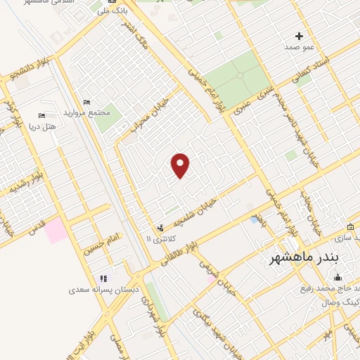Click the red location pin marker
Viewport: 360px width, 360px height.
tap(181, 165)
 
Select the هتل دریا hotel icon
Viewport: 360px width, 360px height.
tap(41, 115)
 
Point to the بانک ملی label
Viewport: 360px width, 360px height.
tap(112, 10)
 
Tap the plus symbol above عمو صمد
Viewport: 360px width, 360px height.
tap(300, 36)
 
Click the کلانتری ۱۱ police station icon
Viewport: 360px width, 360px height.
tap(161, 228)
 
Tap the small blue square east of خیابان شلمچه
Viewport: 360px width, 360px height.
tap(254, 219)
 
